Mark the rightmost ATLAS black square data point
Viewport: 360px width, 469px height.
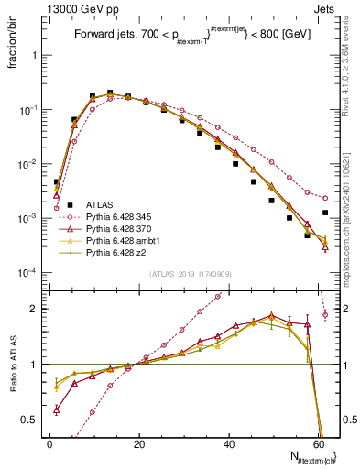[x=325, y=213]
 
